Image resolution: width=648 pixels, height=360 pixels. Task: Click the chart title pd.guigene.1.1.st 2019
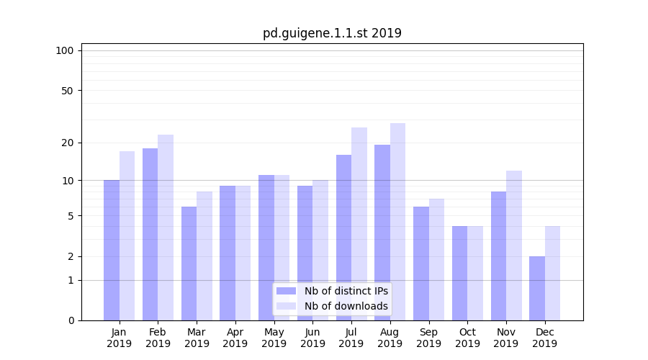click(332, 33)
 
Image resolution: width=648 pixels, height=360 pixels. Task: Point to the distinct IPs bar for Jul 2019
click(343, 238)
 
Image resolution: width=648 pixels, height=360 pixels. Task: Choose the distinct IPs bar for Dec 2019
click(537, 288)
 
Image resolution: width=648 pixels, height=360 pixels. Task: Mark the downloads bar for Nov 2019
click(514, 246)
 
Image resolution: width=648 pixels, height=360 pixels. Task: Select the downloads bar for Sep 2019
click(436, 259)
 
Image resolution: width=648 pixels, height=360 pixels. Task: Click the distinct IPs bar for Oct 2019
click(459, 273)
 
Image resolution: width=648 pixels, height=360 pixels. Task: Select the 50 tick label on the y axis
click(67, 91)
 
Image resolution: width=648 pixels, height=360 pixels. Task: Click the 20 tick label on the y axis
click(67, 143)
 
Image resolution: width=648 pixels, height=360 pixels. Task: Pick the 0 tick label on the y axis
click(71, 320)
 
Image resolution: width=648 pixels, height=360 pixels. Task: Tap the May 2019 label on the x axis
click(274, 338)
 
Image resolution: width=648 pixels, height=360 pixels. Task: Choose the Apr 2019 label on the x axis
click(235, 338)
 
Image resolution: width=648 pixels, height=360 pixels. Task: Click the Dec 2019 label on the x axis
click(544, 338)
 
